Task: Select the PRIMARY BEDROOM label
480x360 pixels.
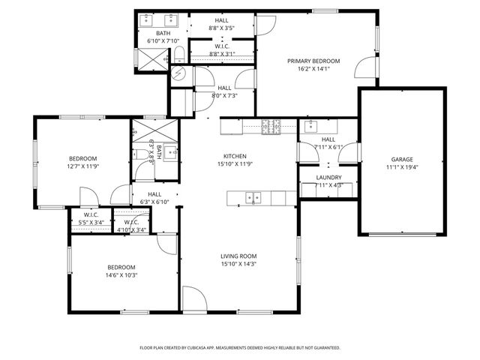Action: [x=313, y=61]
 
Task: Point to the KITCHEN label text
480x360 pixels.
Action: [x=235, y=155]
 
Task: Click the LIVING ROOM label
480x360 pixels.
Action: [x=238, y=256]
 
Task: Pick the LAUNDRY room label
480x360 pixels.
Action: [x=328, y=177]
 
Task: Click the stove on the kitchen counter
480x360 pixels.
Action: [x=271, y=126]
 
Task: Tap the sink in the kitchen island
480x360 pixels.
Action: [x=254, y=198]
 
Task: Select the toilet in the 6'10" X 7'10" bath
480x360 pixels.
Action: [x=180, y=52]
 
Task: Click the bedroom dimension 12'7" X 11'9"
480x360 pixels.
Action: [x=82, y=166]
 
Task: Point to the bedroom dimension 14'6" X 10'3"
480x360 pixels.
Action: [x=121, y=275]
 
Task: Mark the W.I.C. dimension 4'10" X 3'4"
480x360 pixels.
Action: [x=131, y=230]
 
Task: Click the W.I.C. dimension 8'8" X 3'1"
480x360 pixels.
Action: [x=221, y=53]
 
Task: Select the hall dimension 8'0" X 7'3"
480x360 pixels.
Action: [x=224, y=96]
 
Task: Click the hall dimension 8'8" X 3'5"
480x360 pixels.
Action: [x=221, y=28]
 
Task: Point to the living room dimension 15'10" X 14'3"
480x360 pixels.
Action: [x=238, y=264]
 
